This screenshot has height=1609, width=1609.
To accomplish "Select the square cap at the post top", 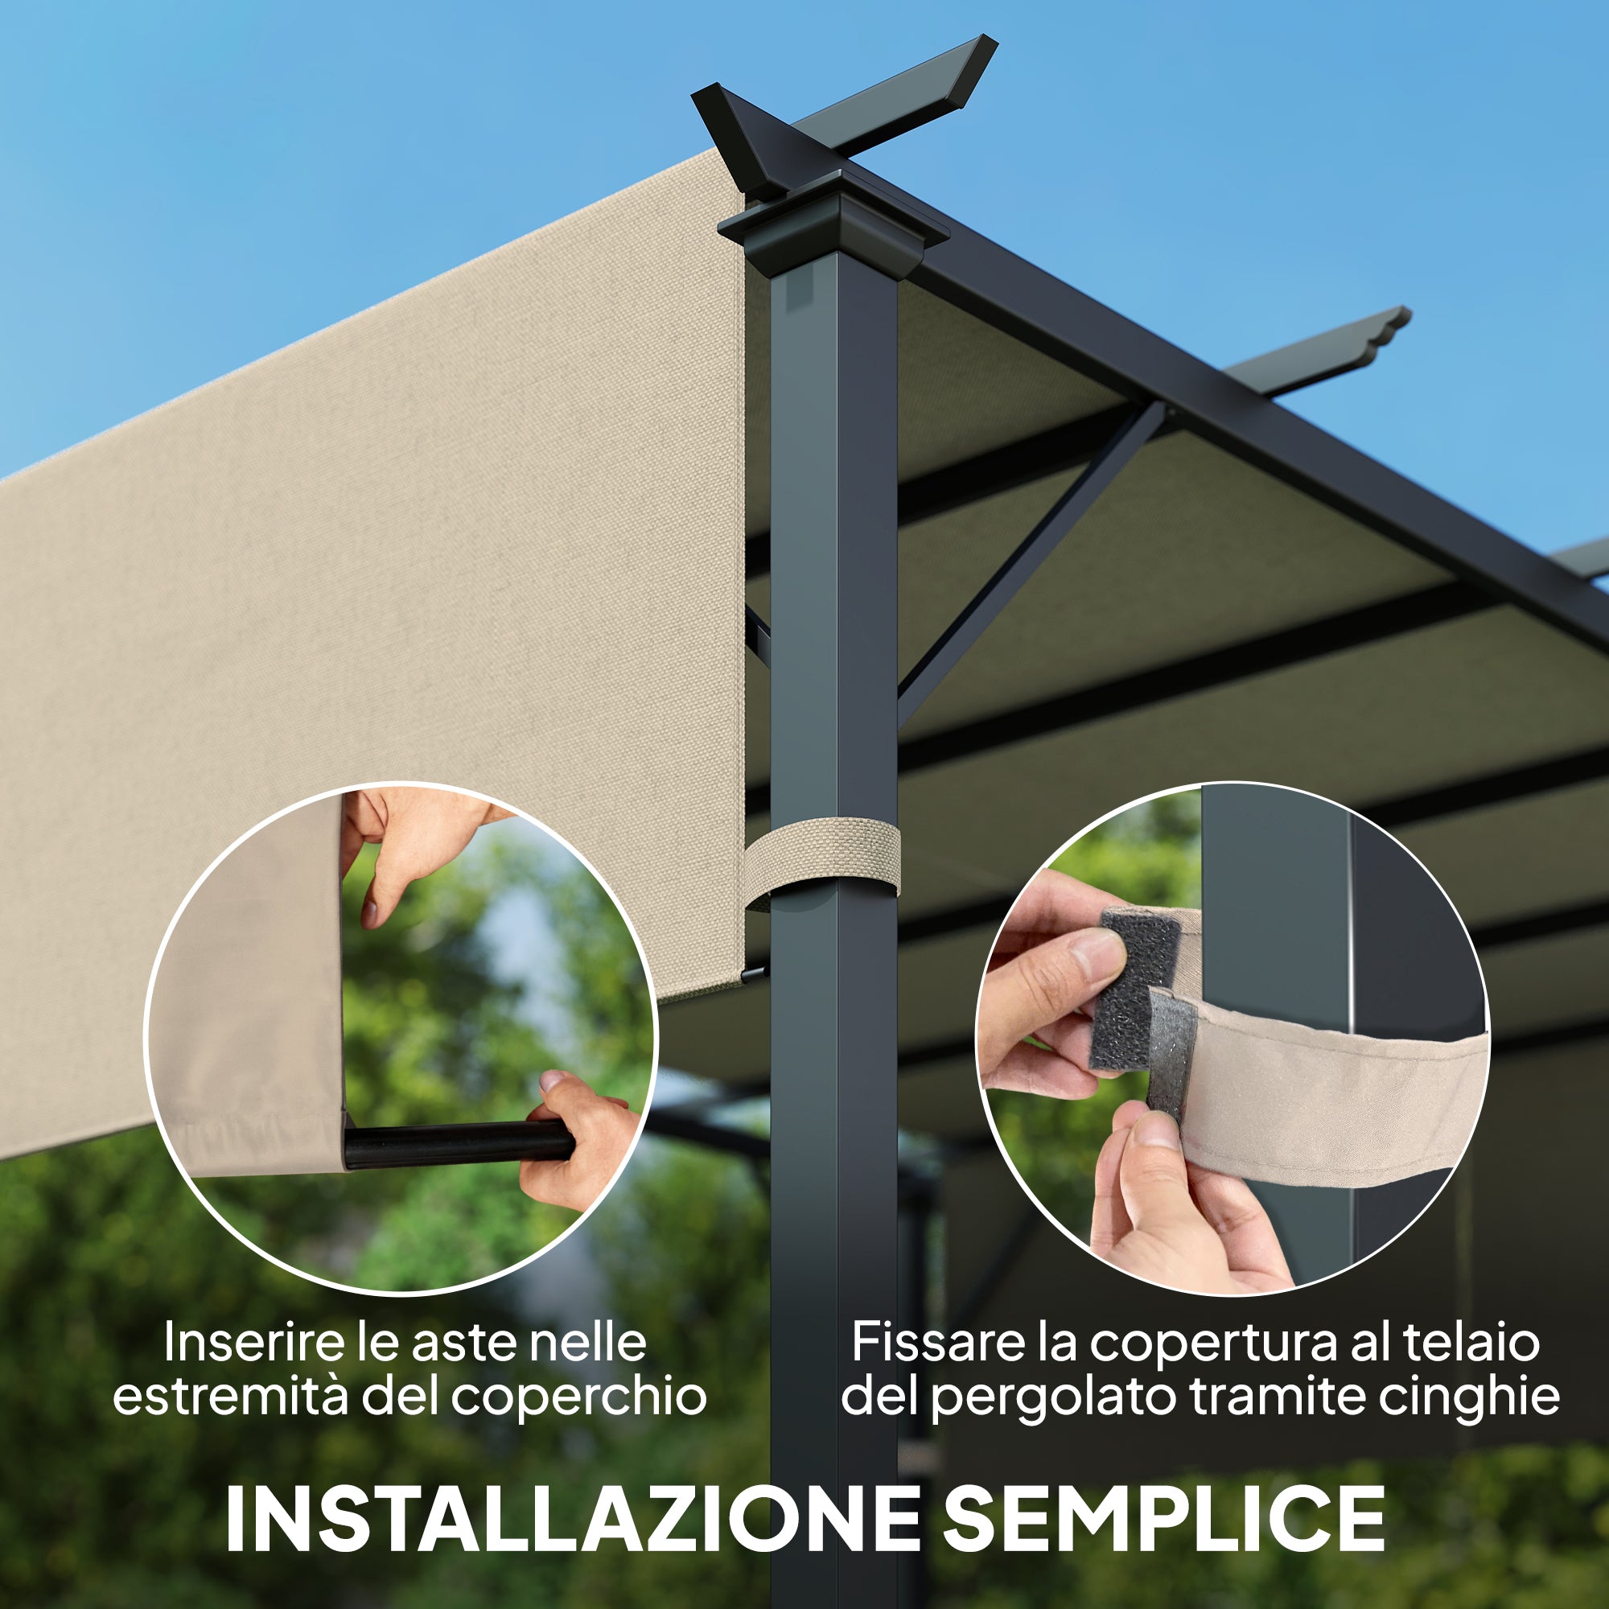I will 833,225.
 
